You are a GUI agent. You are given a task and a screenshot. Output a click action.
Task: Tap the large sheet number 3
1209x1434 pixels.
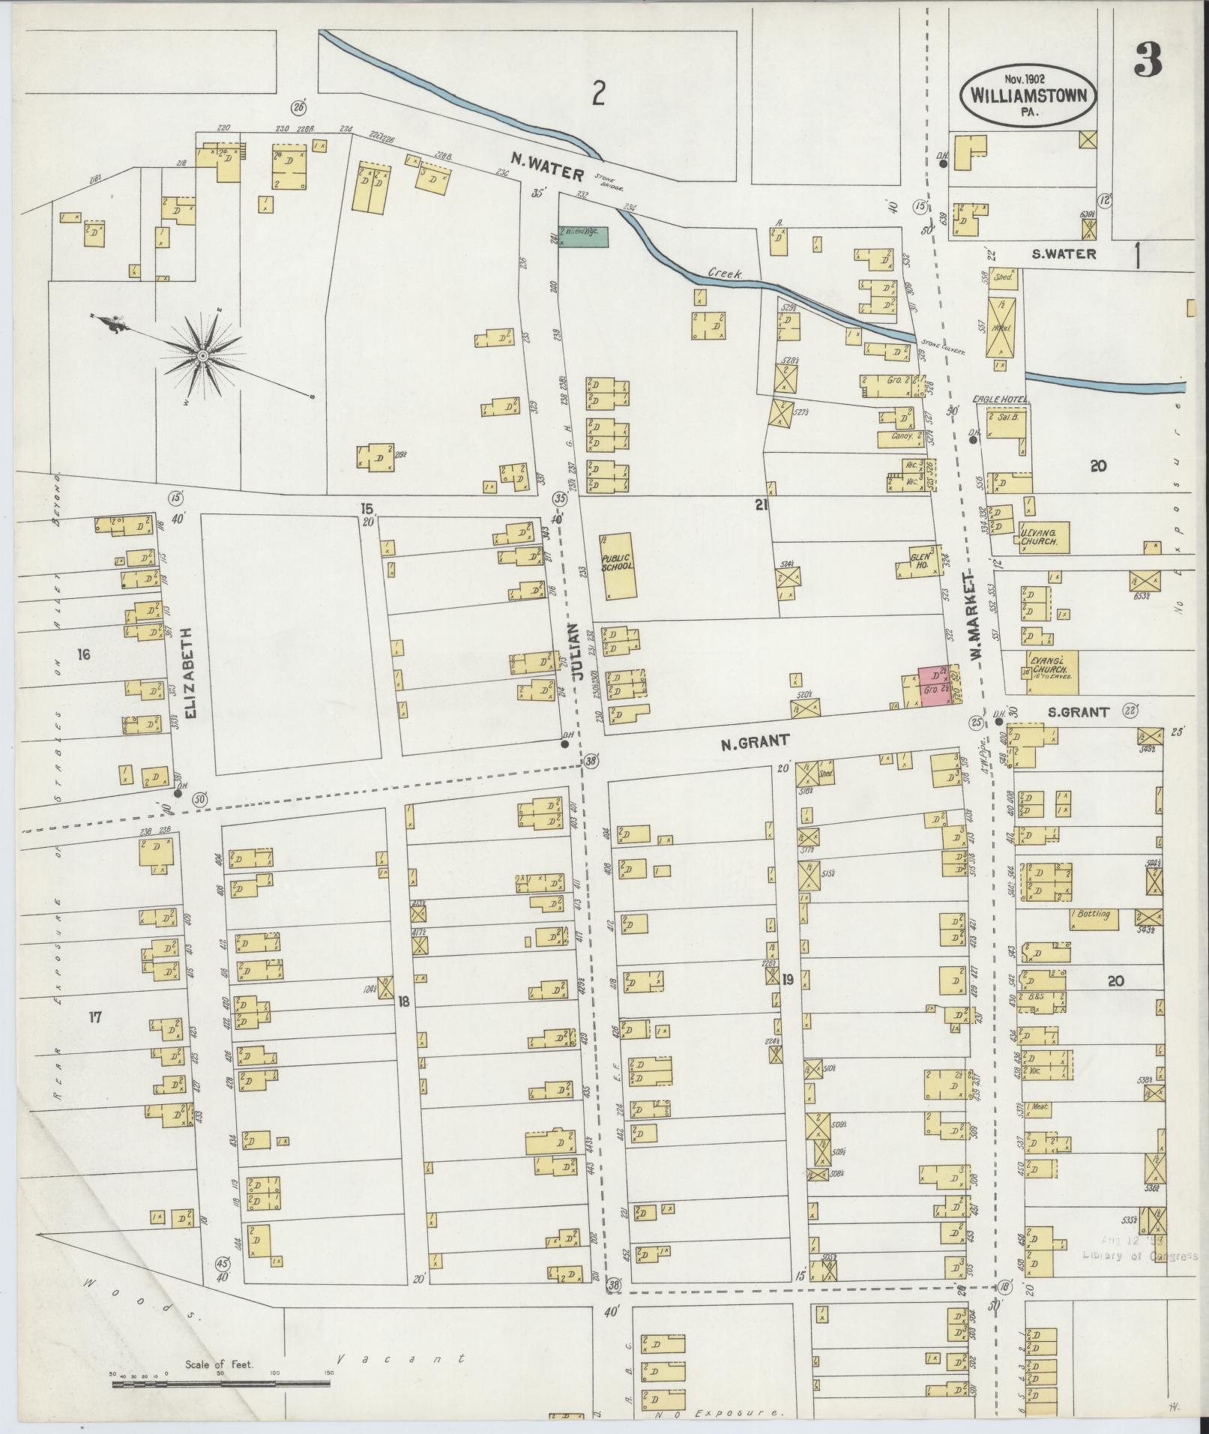1147,60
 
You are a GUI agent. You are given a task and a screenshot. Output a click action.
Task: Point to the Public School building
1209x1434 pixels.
618,566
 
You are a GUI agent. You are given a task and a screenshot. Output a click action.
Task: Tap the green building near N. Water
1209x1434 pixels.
583,237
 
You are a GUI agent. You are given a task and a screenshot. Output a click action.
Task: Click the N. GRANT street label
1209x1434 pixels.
755,741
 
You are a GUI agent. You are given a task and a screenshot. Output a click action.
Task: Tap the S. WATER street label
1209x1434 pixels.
1064,254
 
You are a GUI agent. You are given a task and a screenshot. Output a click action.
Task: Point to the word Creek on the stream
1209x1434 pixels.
724,275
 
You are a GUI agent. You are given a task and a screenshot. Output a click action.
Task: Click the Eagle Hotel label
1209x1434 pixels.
1001,400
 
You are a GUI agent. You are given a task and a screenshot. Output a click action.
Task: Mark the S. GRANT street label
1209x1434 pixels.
1079,712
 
